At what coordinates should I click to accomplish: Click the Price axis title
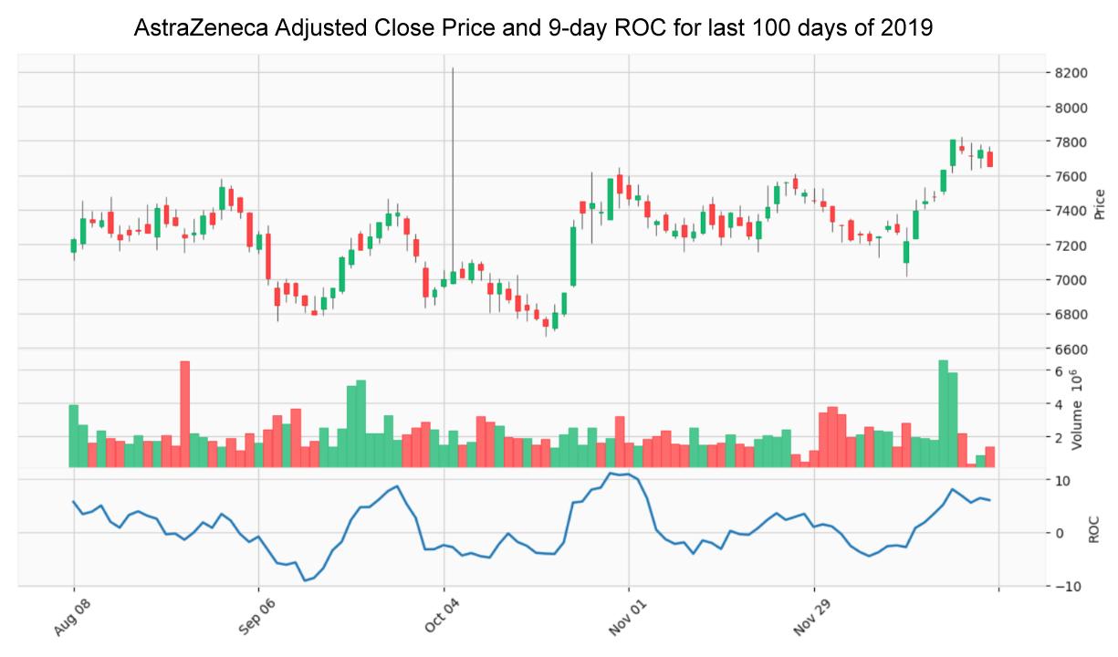1100,203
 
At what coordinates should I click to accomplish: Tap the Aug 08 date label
61,616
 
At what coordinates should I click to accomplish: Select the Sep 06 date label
246,616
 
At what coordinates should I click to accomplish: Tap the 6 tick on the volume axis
1059,371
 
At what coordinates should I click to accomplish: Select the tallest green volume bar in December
944,413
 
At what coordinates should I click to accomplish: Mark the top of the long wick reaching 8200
454,68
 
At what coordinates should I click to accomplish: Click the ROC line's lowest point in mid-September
306,580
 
